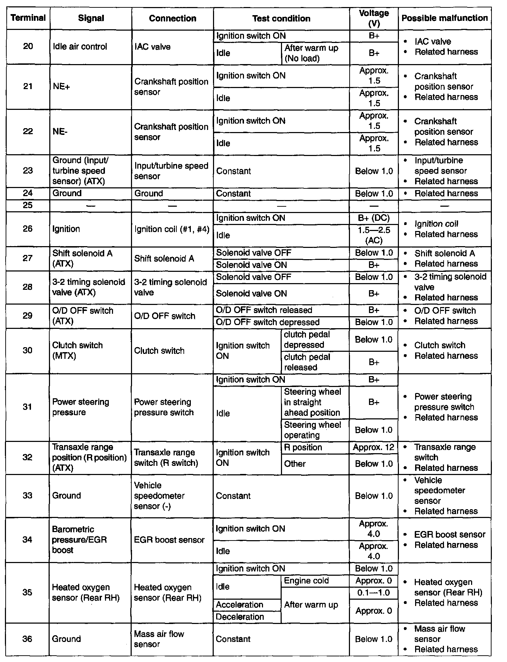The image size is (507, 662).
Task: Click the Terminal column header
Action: tap(28, 18)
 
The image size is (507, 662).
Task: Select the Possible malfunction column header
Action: tap(444, 18)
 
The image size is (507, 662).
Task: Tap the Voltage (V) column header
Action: tap(374, 18)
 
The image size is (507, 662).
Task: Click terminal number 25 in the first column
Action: tap(28, 205)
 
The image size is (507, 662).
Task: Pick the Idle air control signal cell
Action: tap(80, 46)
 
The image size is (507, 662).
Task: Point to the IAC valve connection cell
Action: tap(152, 46)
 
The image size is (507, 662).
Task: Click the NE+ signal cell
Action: tap(61, 87)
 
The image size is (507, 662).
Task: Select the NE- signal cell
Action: tap(60, 132)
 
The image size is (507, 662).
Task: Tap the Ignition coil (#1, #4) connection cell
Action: tap(172, 229)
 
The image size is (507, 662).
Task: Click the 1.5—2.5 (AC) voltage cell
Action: tap(374, 235)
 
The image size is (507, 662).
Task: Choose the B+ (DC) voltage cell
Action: tap(374, 218)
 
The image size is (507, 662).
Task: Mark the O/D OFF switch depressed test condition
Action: tap(268, 322)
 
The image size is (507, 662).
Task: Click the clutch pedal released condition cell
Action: tap(307, 362)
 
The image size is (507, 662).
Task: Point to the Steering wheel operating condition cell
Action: tap(312, 430)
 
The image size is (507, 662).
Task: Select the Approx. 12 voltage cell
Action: tap(374, 447)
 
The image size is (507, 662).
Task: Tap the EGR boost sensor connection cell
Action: tap(169, 540)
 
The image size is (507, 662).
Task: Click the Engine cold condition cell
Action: tap(306, 581)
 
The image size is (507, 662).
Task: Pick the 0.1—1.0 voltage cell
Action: tap(374, 593)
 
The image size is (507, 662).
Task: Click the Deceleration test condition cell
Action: tap(240, 617)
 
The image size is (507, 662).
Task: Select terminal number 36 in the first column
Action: tap(27, 639)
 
